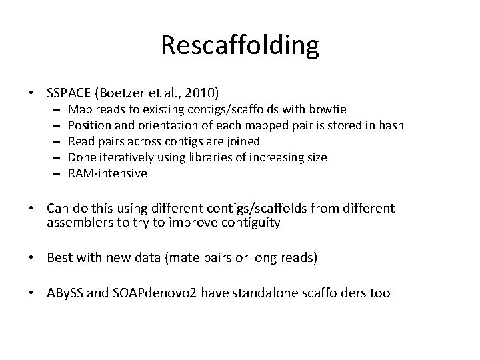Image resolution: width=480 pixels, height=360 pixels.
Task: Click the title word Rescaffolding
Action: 240,45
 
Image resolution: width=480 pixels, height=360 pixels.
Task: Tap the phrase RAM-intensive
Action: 108,173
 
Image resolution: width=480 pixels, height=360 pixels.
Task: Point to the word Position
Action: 89,125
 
